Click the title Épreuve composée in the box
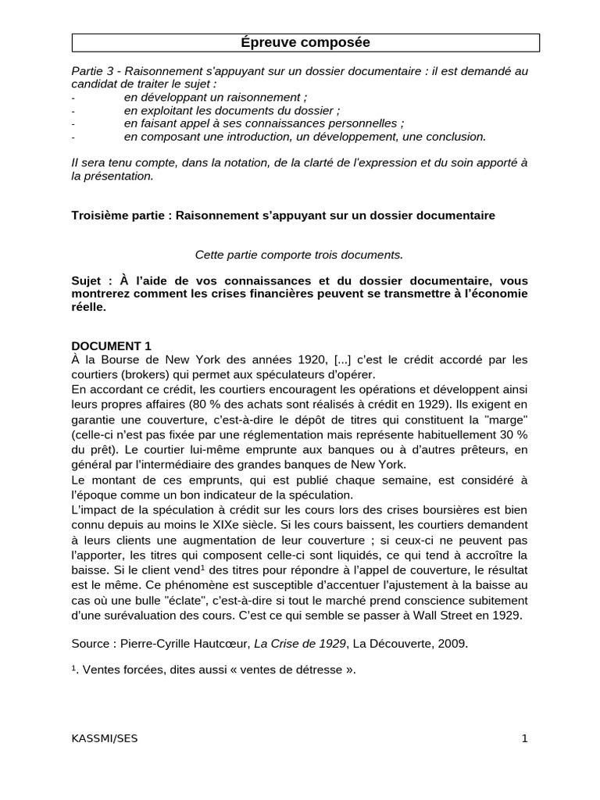tap(305, 43)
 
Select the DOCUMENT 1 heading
tap(111, 346)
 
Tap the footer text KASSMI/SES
tap(104, 738)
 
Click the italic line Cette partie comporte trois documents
tap(299, 254)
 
